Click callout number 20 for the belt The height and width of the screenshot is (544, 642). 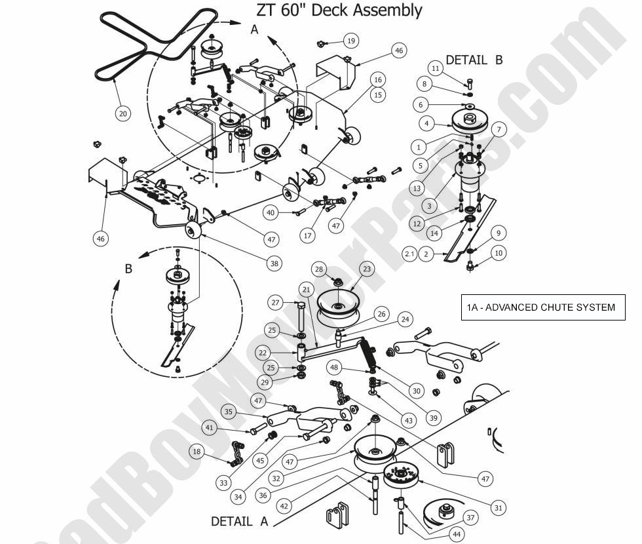pyautogui.click(x=123, y=113)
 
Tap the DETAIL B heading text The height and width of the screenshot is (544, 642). pyautogui.click(x=474, y=60)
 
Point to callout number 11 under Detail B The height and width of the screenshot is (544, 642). pyautogui.click(x=436, y=68)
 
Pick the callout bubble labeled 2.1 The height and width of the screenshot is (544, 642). pyautogui.click(x=409, y=254)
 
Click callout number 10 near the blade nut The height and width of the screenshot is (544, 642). pyautogui.click(x=499, y=253)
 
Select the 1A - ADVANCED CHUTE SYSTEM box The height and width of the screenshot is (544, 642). pyautogui.click(x=540, y=307)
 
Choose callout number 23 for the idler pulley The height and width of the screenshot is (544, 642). pyautogui.click(x=366, y=268)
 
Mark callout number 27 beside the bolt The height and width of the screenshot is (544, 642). pyautogui.click(x=276, y=303)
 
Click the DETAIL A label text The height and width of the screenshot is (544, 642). pyautogui.click(x=240, y=522)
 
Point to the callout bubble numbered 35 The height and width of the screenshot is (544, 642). pyautogui.click(x=228, y=412)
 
